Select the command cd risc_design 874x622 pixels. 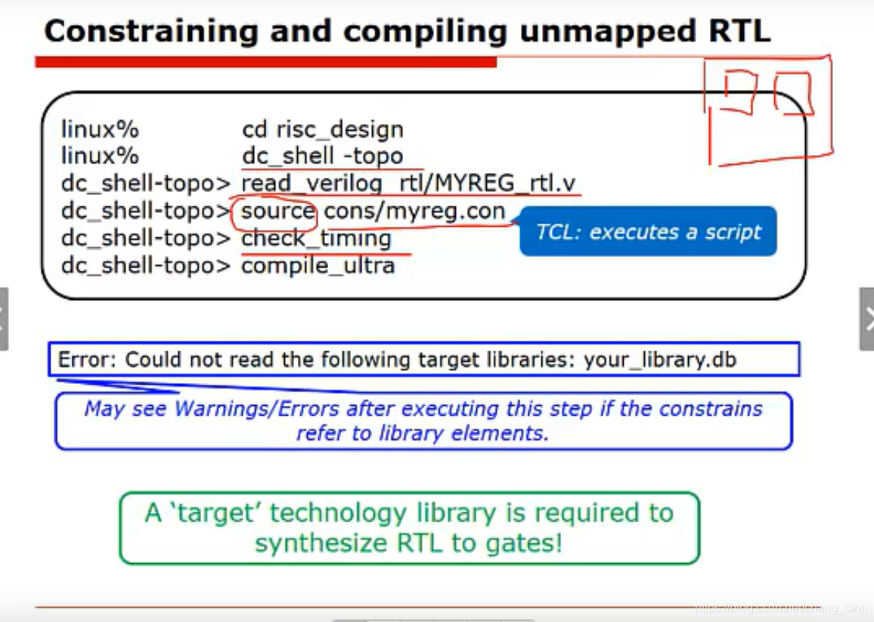(x=323, y=129)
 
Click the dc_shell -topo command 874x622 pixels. (x=323, y=156)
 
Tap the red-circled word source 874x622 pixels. (x=277, y=211)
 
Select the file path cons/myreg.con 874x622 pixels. (x=414, y=211)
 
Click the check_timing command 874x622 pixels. (x=316, y=239)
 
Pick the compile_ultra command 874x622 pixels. (x=318, y=266)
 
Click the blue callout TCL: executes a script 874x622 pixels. (x=648, y=231)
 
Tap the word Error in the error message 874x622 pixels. (x=85, y=360)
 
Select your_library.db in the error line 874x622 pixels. (x=660, y=360)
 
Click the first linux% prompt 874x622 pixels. (x=100, y=129)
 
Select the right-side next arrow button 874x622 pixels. (x=867, y=319)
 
